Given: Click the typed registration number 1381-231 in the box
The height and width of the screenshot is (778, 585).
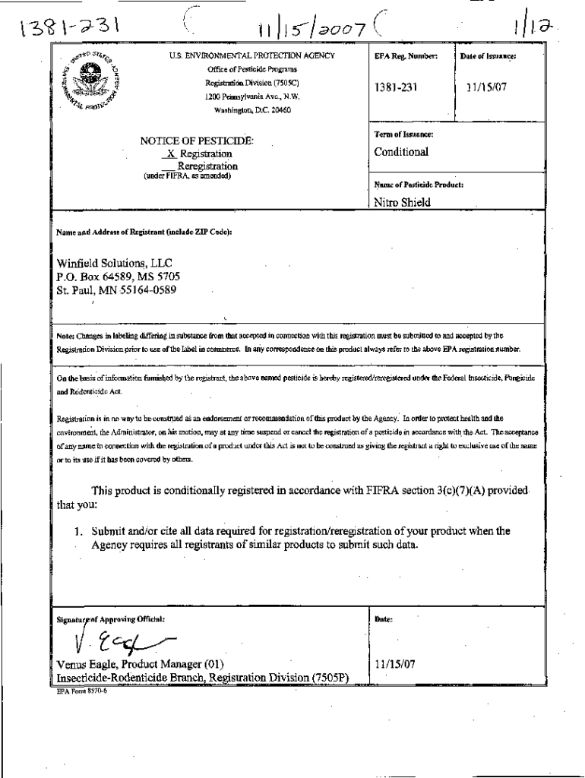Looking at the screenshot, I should pos(395,87).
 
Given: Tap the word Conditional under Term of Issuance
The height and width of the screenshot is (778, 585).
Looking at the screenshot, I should pos(401,151).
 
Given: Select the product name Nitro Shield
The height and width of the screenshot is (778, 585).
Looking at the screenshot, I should pos(403,202).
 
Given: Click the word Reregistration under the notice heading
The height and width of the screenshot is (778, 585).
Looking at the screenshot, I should pos(207,166).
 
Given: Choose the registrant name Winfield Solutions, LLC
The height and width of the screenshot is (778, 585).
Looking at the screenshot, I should pos(115,264).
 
